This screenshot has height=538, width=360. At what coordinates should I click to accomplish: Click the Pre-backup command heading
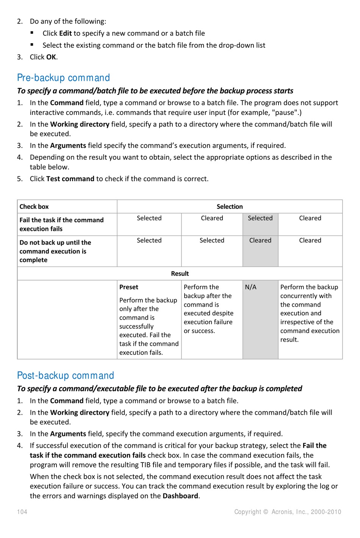[x=63, y=78]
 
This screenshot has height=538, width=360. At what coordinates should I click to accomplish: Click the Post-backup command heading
[x=66, y=375]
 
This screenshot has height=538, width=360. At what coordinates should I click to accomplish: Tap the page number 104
[x=22, y=512]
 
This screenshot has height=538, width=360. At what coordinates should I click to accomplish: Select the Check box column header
[x=34, y=207]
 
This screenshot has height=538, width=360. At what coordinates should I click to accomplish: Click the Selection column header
[x=230, y=207]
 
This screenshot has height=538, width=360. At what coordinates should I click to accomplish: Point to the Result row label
[x=180, y=273]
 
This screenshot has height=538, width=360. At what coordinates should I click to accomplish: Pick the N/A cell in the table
[x=250, y=287]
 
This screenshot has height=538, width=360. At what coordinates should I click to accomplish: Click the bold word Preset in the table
[x=129, y=287]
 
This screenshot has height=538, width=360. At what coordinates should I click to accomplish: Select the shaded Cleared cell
[x=260, y=240]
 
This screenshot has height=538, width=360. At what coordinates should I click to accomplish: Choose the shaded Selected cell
[x=260, y=218]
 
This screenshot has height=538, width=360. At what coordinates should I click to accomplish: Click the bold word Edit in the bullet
[x=65, y=33]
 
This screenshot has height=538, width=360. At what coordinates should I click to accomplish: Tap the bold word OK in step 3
[x=51, y=57]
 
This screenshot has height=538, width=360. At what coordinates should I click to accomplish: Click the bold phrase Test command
[x=70, y=179]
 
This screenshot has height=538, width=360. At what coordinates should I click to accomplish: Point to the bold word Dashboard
[x=180, y=496]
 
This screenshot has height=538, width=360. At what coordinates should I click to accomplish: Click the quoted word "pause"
[x=285, y=113]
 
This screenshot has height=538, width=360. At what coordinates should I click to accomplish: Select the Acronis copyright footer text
[x=288, y=512]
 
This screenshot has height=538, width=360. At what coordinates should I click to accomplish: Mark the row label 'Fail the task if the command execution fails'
[x=61, y=224]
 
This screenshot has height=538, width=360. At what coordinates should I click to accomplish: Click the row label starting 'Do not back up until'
[x=55, y=251]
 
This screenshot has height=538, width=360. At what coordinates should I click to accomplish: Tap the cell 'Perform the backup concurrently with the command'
[x=310, y=313]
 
